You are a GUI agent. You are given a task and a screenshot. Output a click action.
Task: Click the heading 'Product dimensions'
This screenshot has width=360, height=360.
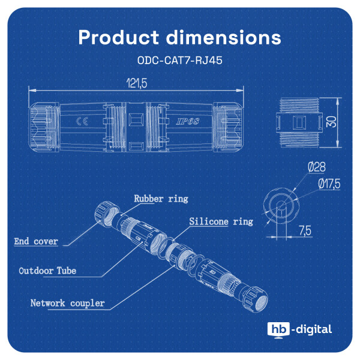[179, 37]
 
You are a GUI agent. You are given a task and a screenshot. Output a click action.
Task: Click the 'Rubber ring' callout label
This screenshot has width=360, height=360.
[160, 199]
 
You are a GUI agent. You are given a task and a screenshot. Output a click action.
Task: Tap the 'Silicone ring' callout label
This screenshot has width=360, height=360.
[221, 221]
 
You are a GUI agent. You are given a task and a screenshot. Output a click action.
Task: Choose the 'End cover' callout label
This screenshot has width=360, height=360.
[37, 242]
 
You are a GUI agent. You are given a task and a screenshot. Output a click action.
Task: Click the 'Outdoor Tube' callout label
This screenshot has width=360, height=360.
[47, 271]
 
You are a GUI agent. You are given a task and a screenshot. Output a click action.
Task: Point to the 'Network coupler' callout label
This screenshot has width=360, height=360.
[67, 303]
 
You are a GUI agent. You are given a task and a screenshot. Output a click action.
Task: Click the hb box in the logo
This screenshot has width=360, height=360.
[278, 329]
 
